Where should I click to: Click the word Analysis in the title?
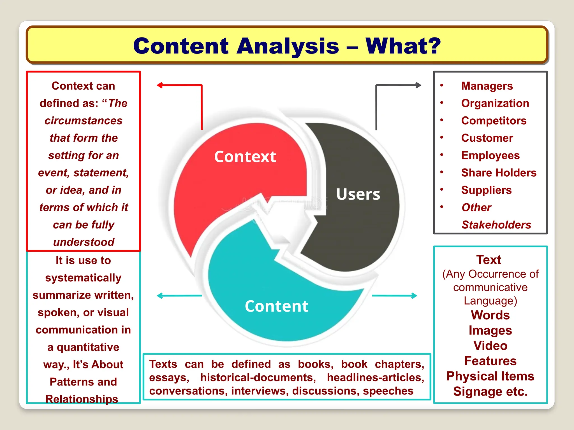(x=288, y=46)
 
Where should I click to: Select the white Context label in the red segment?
(x=245, y=156)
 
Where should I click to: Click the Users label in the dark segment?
(x=358, y=194)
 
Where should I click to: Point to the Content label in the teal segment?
(x=276, y=306)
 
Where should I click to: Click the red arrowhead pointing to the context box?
(x=160, y=85)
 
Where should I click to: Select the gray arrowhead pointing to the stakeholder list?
(x=418, y=85)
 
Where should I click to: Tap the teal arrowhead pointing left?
(x=160, y=296)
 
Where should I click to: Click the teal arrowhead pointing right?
(x=414, y=296)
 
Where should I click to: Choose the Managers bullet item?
(x=487, y=86)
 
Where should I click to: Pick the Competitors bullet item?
(x=494, y=121)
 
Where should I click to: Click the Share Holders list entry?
(x=499, y=173)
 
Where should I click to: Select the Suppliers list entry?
(x=486, y=190)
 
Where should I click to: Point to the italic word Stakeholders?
(x=496, y=225)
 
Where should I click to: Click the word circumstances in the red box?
(x=84, y=121)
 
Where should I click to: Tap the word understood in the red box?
(x=84, y=242)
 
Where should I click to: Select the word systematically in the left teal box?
(x=83, y=278)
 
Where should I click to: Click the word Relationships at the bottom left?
(x=82, y=399)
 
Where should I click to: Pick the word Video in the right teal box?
(x=490, y=346)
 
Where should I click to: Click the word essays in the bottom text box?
(x=169, y=378)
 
